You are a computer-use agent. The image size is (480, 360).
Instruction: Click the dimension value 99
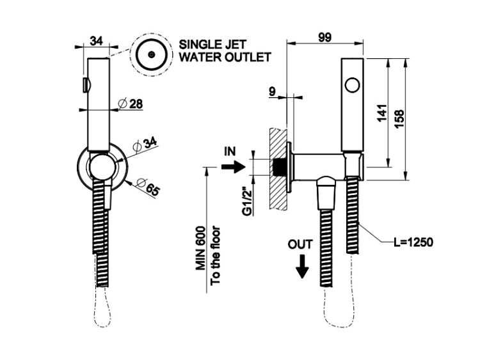324,38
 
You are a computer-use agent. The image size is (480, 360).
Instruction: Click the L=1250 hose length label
413,242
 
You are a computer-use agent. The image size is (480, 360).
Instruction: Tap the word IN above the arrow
231,152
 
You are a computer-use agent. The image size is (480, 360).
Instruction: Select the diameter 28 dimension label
131,104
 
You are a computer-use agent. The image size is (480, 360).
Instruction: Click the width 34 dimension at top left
97,41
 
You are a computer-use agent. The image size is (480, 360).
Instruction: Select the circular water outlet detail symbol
151,54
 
